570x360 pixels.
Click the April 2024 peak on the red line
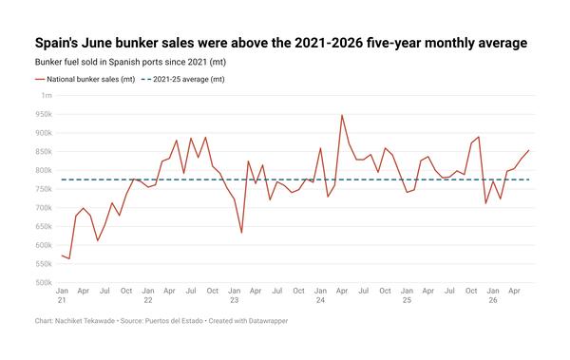tap(342, 115)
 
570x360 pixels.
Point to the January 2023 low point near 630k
tap(241, 233)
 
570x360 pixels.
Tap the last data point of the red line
tap(528, 150)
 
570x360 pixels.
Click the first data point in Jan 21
tap(62, 256)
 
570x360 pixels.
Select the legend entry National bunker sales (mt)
tap(85, 79)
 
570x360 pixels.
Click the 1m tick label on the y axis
tap(47, 95)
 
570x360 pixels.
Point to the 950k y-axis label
tap(44, 114)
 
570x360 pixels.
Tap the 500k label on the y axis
tap(44, 282)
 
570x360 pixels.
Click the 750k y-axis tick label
tap(44, 189)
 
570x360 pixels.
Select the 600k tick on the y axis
tap(44, 245)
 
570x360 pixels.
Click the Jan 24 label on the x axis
tap(320, 295)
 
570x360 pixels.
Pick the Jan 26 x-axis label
tap(493, 295)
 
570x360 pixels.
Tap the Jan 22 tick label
tap(148, 295)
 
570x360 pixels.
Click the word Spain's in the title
tap(56, 43)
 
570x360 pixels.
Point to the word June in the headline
tap(96, 43)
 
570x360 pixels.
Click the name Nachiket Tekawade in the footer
tap(85, 321)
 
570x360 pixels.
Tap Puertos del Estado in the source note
tap(174, 321)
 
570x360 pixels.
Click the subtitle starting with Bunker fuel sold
tap(130, 62)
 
